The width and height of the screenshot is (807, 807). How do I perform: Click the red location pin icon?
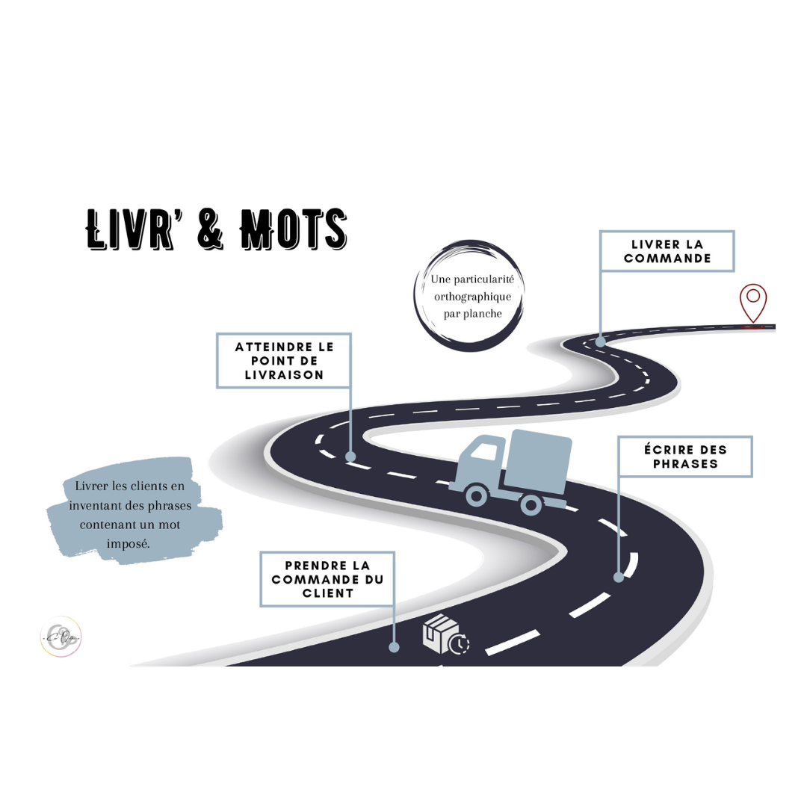click(753, 301)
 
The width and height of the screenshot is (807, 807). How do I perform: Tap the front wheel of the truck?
click(475, 494)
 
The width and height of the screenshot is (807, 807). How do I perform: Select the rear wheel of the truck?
click(531, 504)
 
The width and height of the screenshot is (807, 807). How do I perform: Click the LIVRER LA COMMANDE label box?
click(667, 251)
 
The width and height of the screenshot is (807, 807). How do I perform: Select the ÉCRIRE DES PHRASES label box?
click(684, 457)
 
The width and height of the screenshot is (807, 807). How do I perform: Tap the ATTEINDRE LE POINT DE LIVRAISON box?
click(284, 361)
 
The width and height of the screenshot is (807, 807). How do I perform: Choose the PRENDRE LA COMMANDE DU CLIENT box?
click(327, 579)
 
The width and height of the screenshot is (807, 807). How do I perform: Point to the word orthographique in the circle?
click(472, 297)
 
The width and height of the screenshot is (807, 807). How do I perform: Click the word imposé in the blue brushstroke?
click(129, 543)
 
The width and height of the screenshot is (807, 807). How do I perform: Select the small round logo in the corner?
click(61, 637)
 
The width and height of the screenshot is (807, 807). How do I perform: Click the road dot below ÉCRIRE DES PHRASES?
click(619, 577)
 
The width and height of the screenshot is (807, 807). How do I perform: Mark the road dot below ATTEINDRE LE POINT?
click(350, 456)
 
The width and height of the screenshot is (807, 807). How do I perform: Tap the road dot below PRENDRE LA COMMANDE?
click(394, 647)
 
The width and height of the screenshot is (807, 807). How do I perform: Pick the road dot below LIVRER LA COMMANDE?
click(600, 341)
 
